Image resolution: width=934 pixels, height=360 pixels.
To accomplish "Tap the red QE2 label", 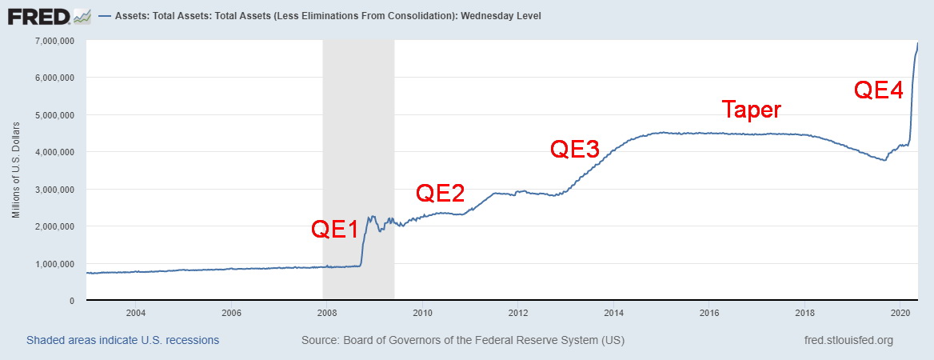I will click(x=441, y=192).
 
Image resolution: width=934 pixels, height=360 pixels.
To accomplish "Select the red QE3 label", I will click(x=575, y=149).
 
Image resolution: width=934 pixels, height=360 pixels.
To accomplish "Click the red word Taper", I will click(x=751, y=110).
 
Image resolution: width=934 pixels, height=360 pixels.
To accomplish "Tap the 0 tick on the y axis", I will click(x=71, y=301).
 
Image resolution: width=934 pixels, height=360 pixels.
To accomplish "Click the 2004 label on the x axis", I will click(x=135, y=312).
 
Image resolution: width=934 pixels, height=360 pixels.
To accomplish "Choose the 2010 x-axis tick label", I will click(x=422, y=312).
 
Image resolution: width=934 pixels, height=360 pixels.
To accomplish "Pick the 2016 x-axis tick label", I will click(x=710, y=312).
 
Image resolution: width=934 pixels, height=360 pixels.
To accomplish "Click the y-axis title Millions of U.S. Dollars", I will click(x=16, y=170).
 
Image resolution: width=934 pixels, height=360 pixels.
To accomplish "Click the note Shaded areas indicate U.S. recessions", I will click(x=122, y=340).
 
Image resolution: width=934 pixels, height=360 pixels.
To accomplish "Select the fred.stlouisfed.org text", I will click(x=848, y=340).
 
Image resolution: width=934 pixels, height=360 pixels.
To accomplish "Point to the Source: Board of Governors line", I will click(x=463, y=340).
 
